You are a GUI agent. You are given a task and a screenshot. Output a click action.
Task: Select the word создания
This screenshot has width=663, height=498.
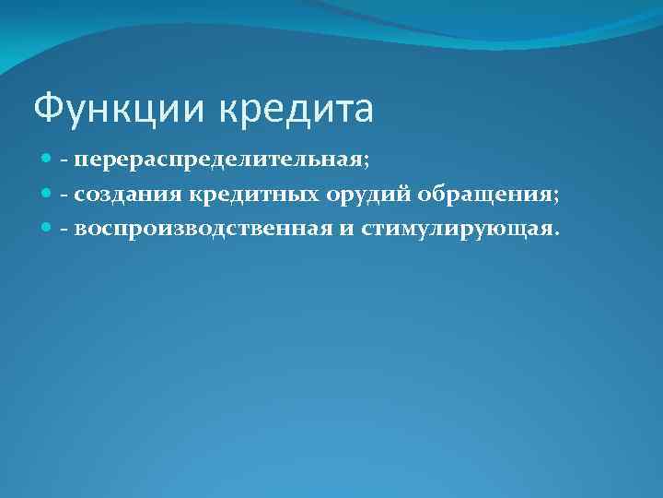tap(129, 195)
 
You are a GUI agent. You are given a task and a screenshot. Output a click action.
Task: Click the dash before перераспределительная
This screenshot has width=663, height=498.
tap(64, 162)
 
